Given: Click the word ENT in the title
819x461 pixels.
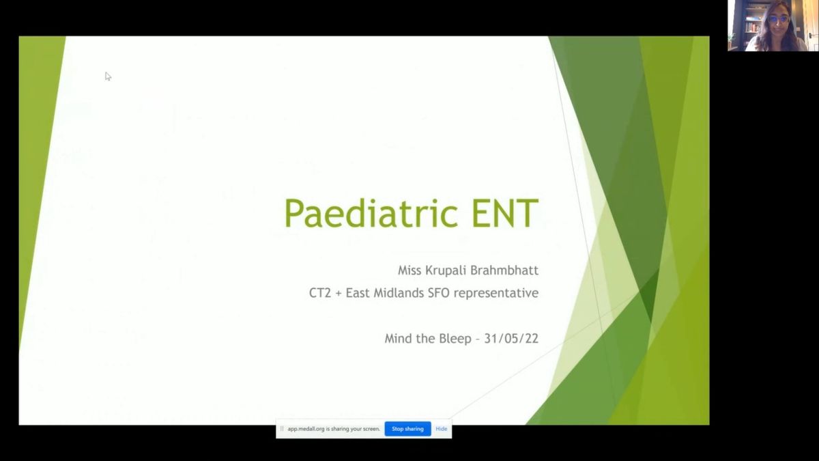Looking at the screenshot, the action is (505, 214).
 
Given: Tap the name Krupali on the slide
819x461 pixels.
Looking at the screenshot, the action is (447, 271).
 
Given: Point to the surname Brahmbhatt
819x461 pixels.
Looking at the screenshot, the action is (504, 270).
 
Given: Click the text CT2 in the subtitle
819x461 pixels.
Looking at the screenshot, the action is (320, 293).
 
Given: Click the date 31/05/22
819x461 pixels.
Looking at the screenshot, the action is (511, 339).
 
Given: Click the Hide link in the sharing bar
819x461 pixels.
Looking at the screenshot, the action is (442, 429).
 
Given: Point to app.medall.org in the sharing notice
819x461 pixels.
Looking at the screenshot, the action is (306, 429).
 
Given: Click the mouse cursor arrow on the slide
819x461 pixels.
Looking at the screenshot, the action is (108, 76).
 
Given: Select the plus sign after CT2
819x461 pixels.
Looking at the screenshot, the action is (339, 294).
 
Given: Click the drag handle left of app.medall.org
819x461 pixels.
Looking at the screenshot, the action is (281, 429).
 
